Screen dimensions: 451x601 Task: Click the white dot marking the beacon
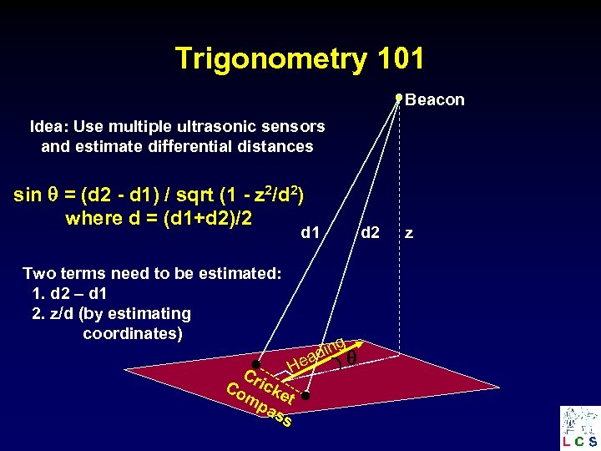pyautogui.click(x=399, y=98)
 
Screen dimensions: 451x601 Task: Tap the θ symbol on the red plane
pyautogui.click(x=351, y=357)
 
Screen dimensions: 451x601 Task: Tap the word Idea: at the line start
pyautogui.click(x=49, y=127)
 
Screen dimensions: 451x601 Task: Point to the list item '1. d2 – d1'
pyautogui.click(x=73, y=294)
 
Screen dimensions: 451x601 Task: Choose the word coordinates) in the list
pyautogui.click(x=133, y=334)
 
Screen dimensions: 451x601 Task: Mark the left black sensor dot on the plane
pyautogui.click(x=256, y=365)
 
